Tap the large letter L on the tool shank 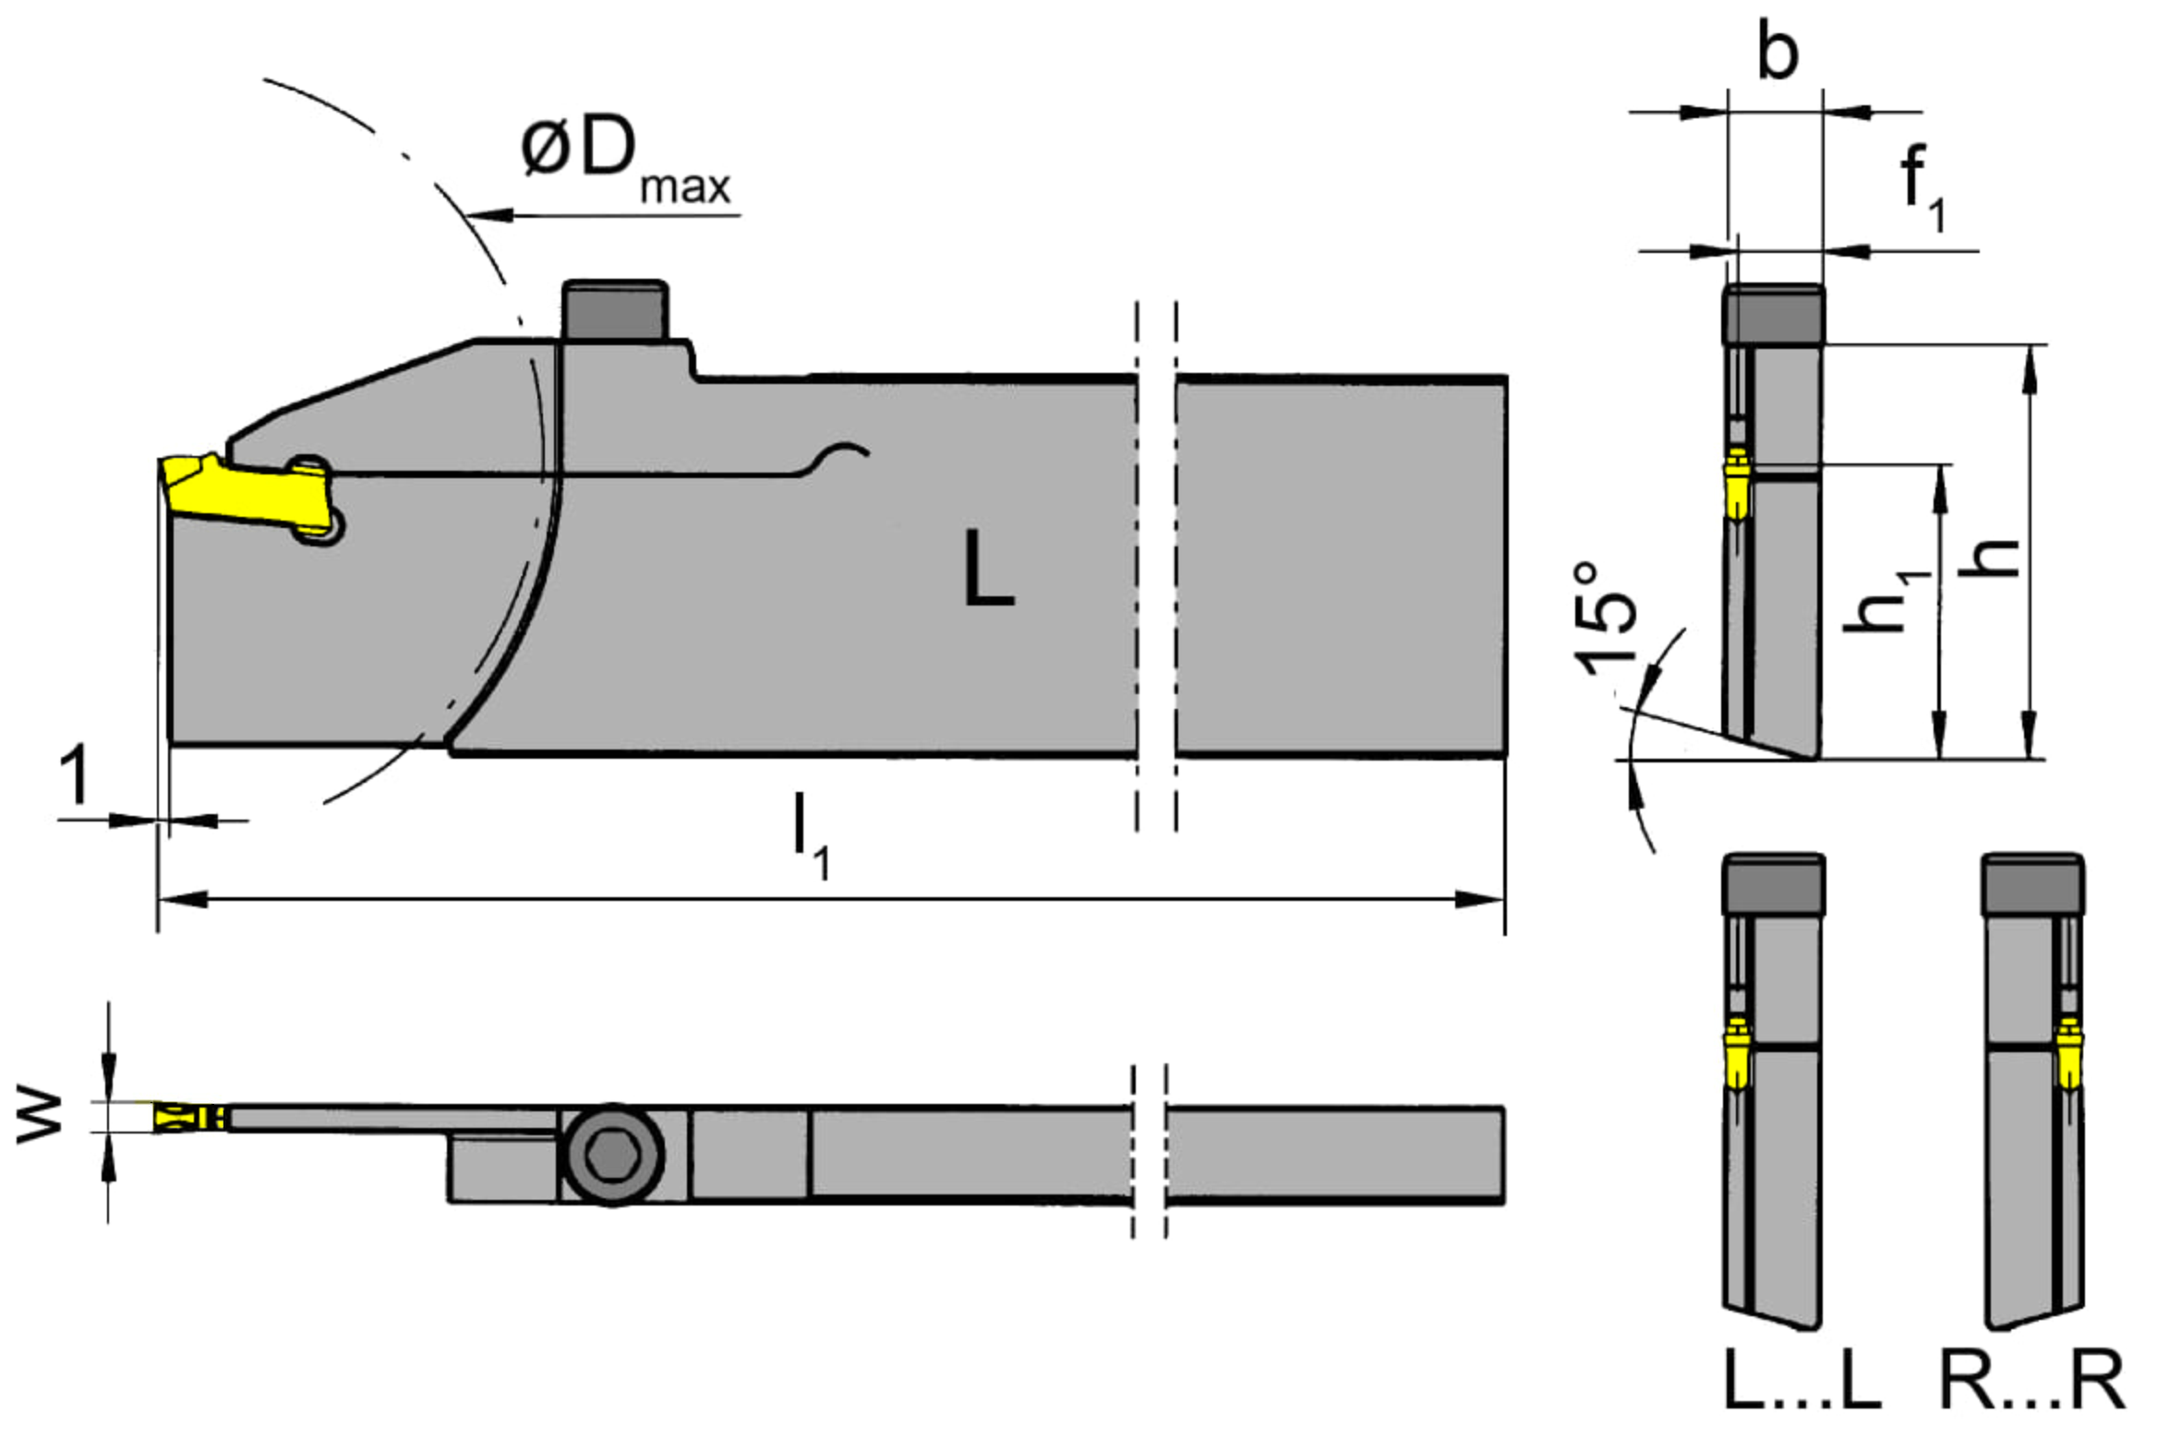tap(987, 569)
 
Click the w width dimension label tap(39, 1119)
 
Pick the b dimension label tap(1777, 52)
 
